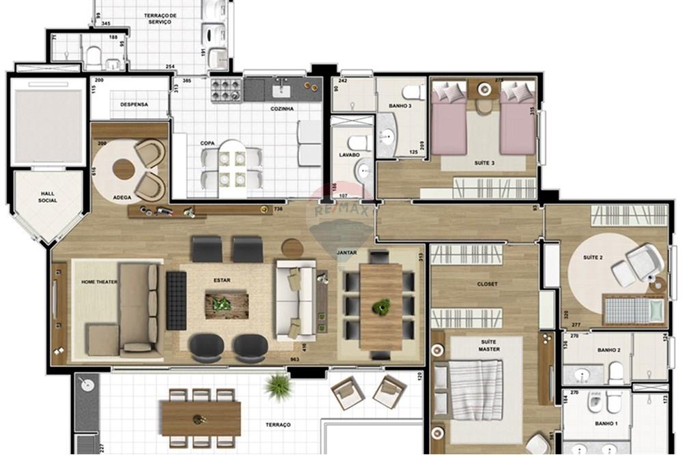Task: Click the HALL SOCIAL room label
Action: coord(48,196)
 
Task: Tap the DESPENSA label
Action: coord(134,104)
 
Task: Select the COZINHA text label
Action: coord(282,108)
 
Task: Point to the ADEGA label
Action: coord(123,198)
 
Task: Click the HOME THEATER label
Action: coord(99,282)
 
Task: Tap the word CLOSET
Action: coord(487,284)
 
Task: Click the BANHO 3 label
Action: coord(400,106)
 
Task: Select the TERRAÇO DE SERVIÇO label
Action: coord(160,18)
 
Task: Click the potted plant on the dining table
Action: coord(380,307)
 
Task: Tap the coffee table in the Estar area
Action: coord(227,304)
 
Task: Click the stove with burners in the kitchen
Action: coord(227,89)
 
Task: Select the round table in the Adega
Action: coord(124,168)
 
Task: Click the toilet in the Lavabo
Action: coord(357,143)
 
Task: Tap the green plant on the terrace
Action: coord(279,386)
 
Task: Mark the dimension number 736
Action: coord(277,209)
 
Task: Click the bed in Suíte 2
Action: coord(634,311)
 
